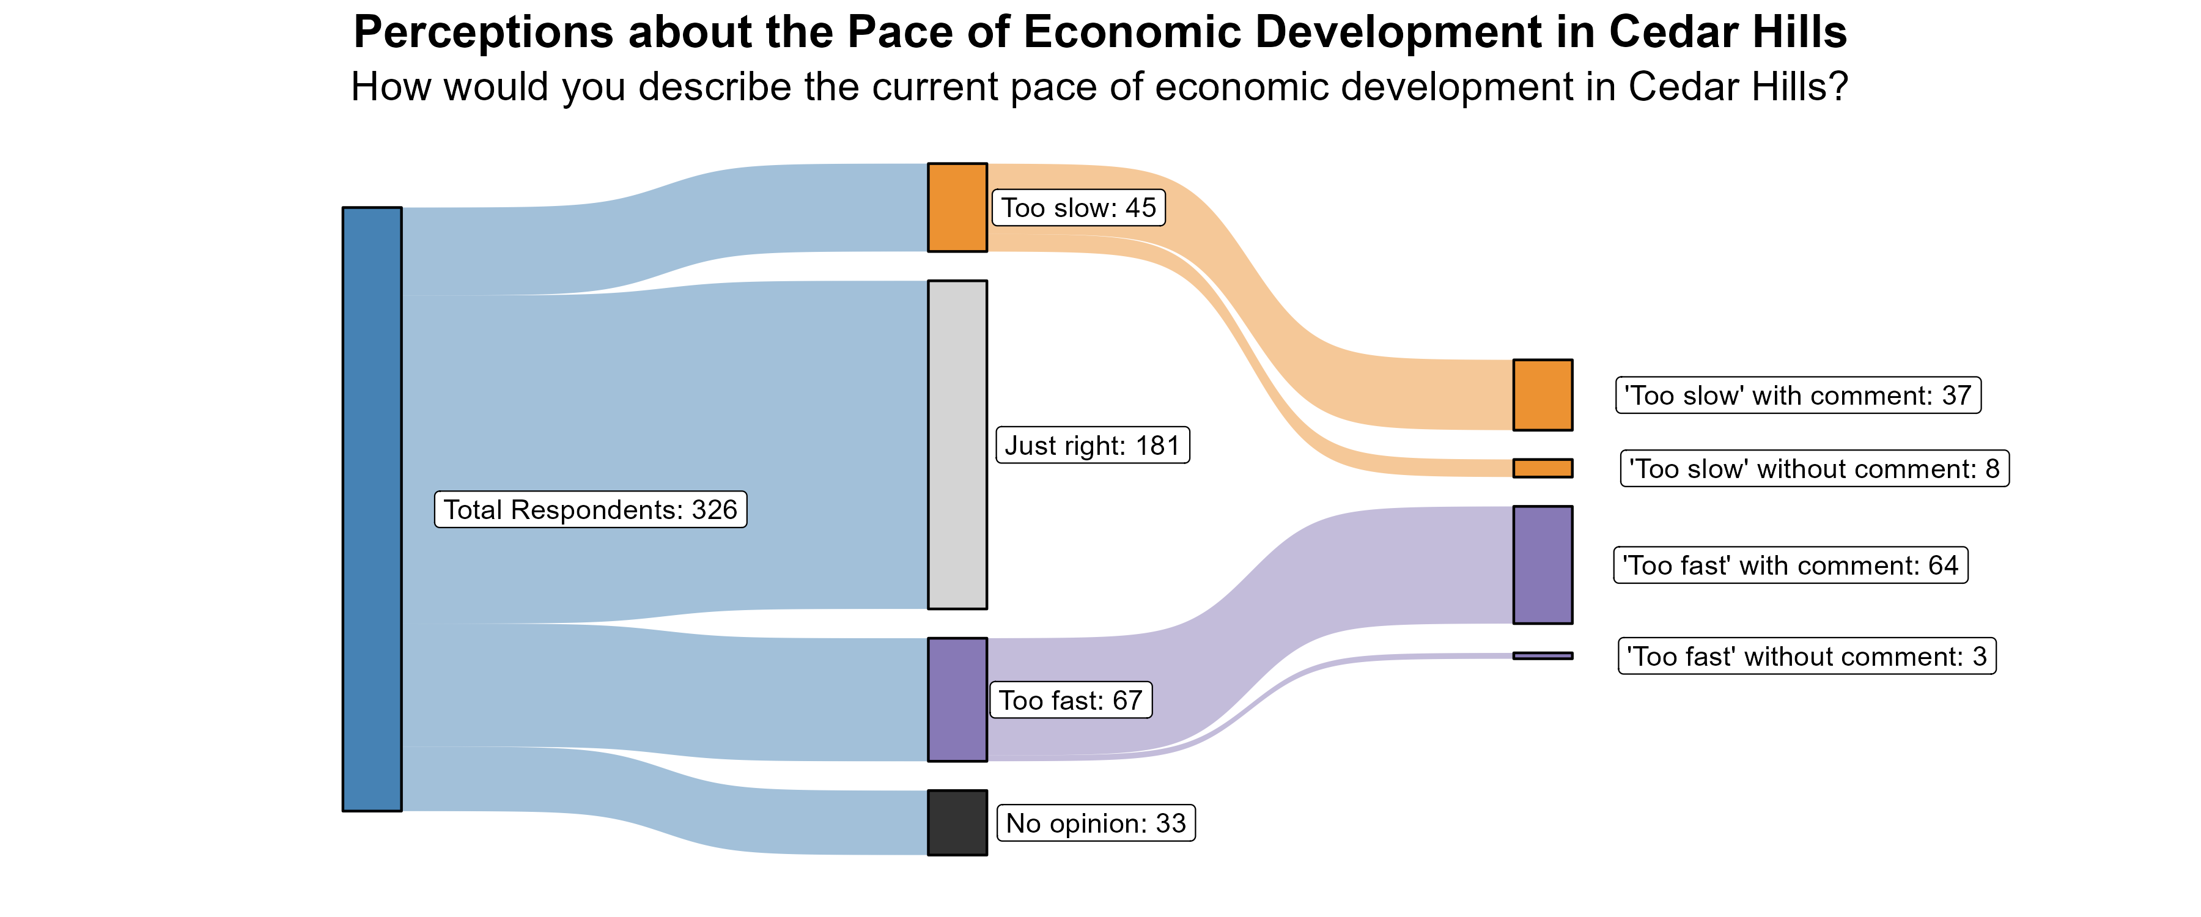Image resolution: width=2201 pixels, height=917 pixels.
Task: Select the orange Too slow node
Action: pyautogui.click(x=957, y=208)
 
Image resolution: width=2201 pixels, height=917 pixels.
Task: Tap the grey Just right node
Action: pyautogui.click(x=957, y=444)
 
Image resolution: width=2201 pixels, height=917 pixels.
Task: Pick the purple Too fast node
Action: pyautogui.click(x=957, y=699)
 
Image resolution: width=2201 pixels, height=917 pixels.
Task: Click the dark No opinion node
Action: pyautogui.click(x=957, y=822)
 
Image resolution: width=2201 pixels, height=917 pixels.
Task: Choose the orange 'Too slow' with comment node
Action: pyautogui.click(x=1543, y=395)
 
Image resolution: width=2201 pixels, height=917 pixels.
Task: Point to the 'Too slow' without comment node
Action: pyautogui.click(x=1543, y=468)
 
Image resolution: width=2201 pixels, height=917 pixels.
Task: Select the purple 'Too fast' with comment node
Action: pyautogui.click(x=1543, y=565)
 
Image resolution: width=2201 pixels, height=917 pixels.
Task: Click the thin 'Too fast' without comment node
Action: pyautogui.click(x=1543, y=655)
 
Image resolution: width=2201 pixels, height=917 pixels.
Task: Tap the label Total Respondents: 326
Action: pyautogui.click(x=591, y=509)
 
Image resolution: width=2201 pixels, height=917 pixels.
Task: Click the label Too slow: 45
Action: pyautogui.click(x=1078, y=208)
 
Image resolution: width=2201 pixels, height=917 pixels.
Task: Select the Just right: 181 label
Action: pyautogui.click(x=1092, y=445)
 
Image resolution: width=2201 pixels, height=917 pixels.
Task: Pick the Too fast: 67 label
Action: pyautogui.click(x=1071, y=700)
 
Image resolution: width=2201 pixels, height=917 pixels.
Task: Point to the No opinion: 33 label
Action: pyautogui.click(x=1096, y=823)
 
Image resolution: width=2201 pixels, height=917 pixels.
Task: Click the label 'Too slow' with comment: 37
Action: pyautogui.click(x=1797, y=396)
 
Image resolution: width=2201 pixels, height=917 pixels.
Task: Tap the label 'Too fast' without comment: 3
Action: pyautogui.click(x=1806, y=657)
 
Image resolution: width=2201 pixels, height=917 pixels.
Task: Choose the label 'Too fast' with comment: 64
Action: pyautogui.click(x=1790, y=565)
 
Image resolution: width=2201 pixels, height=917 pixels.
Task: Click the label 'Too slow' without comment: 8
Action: pyautogui.click(x=1814, y=469)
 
